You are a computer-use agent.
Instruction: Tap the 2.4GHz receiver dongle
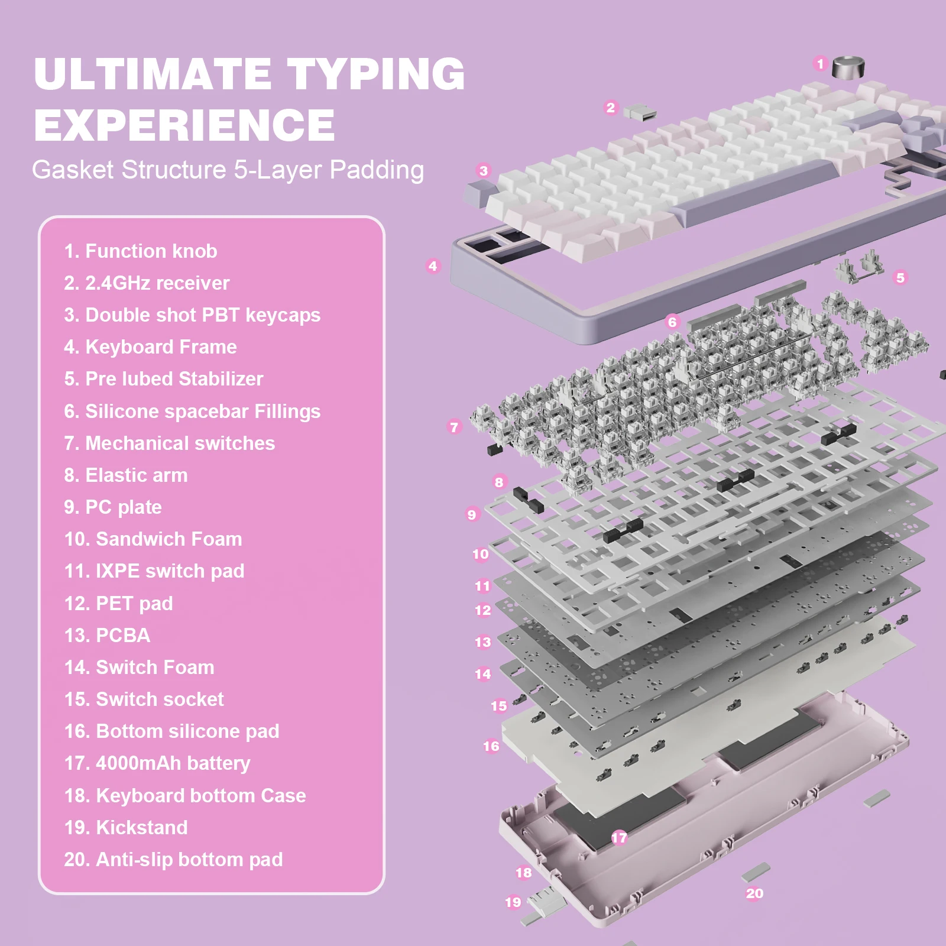(x=640, y=112)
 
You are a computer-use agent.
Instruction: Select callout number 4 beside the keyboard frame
(x=433, y=266)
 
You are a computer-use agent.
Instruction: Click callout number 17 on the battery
(x=619, y=837)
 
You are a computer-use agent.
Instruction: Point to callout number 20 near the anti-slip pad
(x=754, y=893)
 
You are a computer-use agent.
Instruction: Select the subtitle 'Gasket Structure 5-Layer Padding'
(x=228, y=170)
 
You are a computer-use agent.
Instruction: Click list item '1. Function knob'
(x=141, y=251)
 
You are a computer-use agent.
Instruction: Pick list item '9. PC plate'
(x=113, y=507)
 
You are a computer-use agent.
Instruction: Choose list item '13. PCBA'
(x=107, y=635)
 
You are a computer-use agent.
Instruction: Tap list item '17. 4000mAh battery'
(x=157, y=763)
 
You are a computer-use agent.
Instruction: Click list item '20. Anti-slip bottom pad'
(x=173, y=859)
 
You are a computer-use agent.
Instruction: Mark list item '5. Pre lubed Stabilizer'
(x=164, y=379)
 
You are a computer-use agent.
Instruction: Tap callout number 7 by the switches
(x=454, y=426)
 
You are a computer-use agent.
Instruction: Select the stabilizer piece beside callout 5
(x=858, y=267)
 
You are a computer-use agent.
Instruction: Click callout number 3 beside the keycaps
(x=484, y=171)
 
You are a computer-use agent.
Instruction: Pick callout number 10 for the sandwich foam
(x=480, y=554)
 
